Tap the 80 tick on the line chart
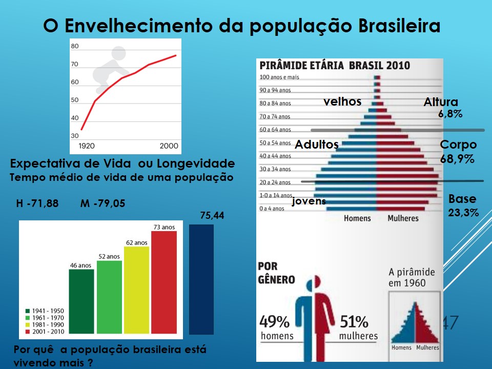(75, 47)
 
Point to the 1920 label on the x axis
(86, 146)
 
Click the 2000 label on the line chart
(169, 146)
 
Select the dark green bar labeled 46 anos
(81, 303)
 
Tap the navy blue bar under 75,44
(201, 282)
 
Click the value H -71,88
(37, 204)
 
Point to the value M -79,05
(102, 204)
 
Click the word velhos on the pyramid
(342, 101)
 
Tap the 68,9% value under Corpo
(457, 159)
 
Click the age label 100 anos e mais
(279, 77)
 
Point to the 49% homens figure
(277, 328)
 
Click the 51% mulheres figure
(358, 328)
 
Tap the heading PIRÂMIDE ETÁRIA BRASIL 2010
(335, 66)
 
